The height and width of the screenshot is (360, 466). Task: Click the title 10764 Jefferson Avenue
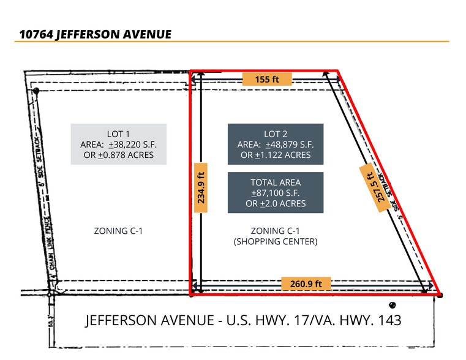(x=95, y=34)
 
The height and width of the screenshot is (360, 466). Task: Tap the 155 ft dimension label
(x=266, y=79)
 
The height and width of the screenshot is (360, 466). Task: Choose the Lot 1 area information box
(x=118, y=144)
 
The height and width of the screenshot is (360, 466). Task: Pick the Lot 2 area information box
(x=275, y=144)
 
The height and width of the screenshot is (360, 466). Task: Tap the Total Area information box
(x=275, y=193)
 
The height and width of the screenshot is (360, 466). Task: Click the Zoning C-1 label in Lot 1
(x=118, y=231)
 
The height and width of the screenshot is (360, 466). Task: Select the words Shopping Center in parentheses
(x=275, y=241)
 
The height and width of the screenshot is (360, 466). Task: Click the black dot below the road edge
(x=392, y=305)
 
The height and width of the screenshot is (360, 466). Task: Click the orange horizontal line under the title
(x=233, y=42)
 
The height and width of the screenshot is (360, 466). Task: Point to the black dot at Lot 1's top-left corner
(x=36, y=91)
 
